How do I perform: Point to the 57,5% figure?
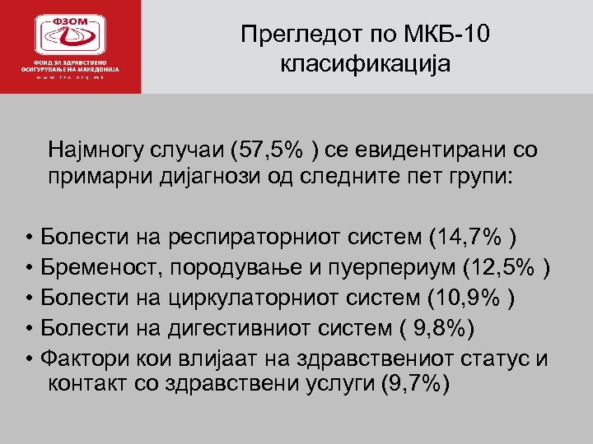(x=276, y=150)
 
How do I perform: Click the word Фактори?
(x=77, y=359)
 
